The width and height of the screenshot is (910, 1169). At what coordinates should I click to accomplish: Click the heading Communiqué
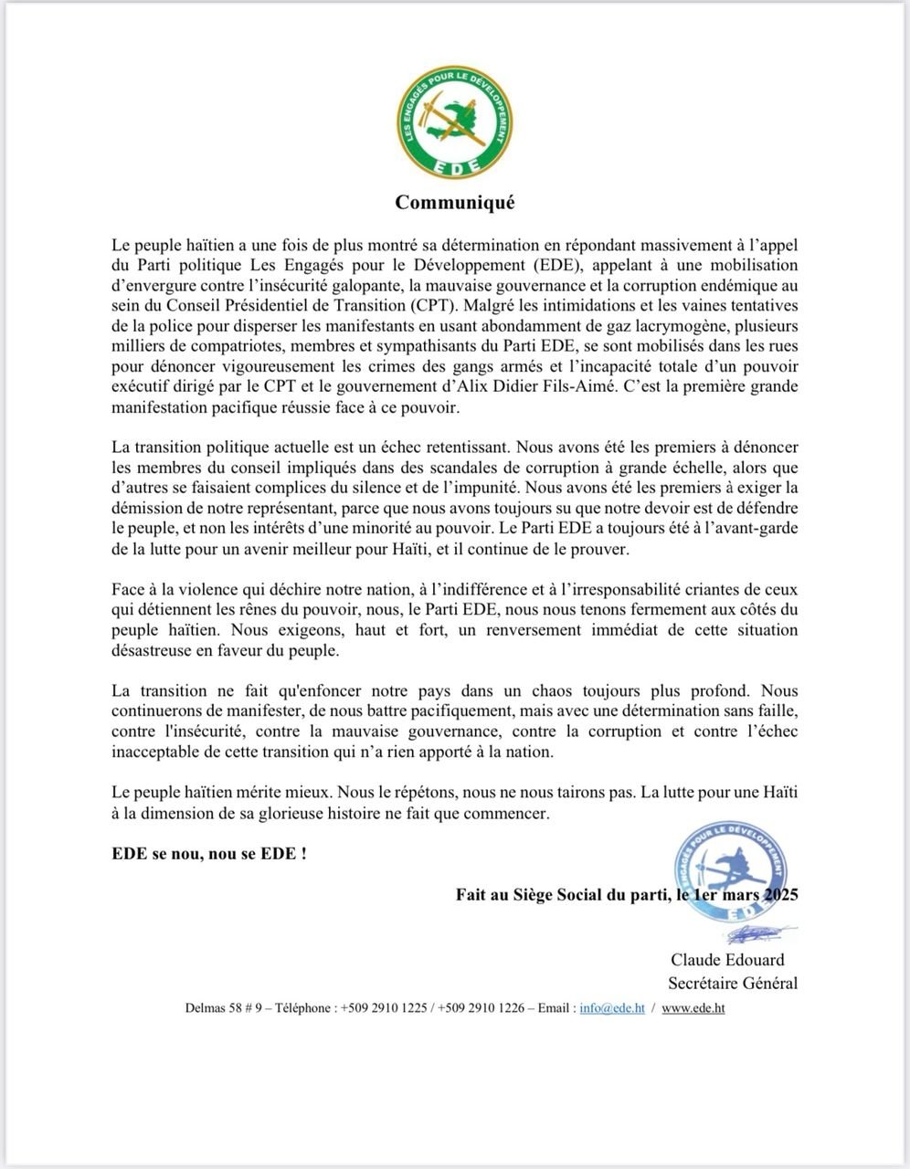click(454, 202)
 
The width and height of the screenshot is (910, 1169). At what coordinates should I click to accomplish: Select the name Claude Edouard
click(727, 960)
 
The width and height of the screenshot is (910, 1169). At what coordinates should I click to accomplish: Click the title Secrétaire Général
click(732, 984)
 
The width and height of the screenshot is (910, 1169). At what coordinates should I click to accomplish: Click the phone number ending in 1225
click(384, 1008)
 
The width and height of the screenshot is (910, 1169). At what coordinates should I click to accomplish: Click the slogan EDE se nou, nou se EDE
click(208, 854)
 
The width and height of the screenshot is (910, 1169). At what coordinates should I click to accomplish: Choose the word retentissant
click(457, 448)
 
